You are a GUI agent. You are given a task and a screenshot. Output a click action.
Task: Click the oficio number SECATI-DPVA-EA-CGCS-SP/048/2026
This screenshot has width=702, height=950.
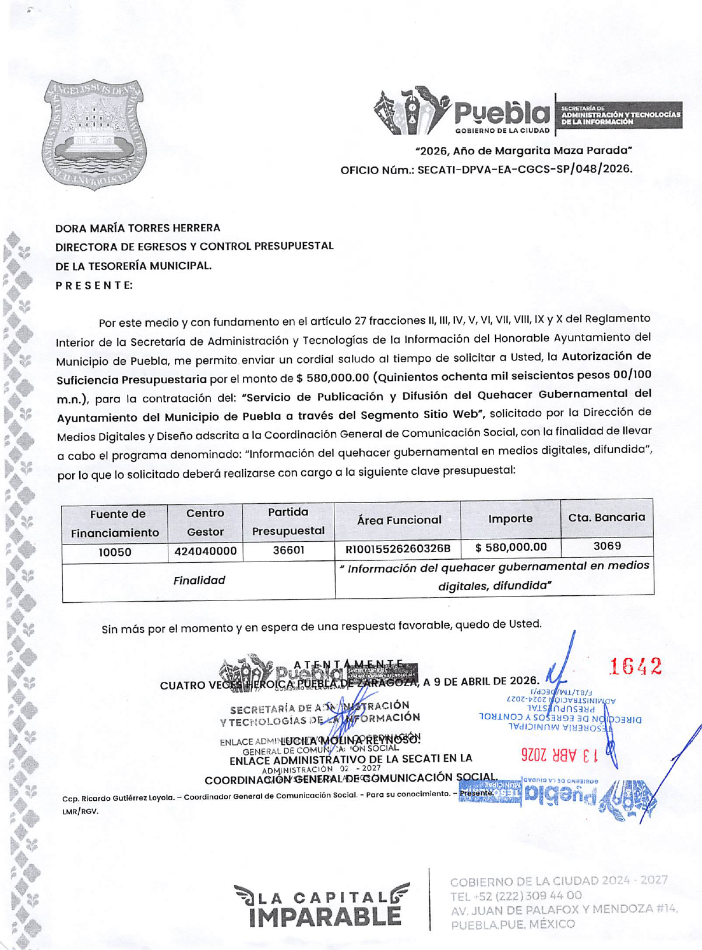click(x=524, y=169)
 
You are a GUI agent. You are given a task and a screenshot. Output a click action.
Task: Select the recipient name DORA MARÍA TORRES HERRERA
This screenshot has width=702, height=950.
click(x=137, y=228)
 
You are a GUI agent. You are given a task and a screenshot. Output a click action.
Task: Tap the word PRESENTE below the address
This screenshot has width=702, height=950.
click(x=94, y=285)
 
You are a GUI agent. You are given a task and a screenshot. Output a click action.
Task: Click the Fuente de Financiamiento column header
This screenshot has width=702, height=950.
click(x=115, y=523)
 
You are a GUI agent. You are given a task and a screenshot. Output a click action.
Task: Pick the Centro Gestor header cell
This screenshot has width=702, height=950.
click(x=205, y=522)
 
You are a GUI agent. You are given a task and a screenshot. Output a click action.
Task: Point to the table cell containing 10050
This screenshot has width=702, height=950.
click(x=115, y=552)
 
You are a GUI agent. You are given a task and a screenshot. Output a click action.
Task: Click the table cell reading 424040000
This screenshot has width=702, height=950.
click(x=205, y=551)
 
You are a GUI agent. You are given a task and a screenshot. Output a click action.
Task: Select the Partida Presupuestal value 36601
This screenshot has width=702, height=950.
click(x=288, y=550)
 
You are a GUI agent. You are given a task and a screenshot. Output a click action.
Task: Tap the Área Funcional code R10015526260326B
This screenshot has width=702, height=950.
click(x=398, y=549)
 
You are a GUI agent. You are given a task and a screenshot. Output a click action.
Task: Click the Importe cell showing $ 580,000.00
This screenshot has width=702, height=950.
click(x=511, y=548)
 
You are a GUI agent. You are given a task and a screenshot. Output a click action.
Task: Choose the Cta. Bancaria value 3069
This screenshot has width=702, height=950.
click(x=607, y=546)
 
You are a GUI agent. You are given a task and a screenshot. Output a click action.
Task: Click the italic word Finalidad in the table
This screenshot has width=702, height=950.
click(x=199, y=580)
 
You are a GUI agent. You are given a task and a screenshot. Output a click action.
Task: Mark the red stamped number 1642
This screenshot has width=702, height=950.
click(x=635, y=666)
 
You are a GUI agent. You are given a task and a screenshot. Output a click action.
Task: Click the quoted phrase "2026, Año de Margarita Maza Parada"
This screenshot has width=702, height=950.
click(x=524, y=151)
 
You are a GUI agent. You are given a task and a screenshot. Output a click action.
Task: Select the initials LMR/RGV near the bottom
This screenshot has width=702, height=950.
click(x=80, y=811)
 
